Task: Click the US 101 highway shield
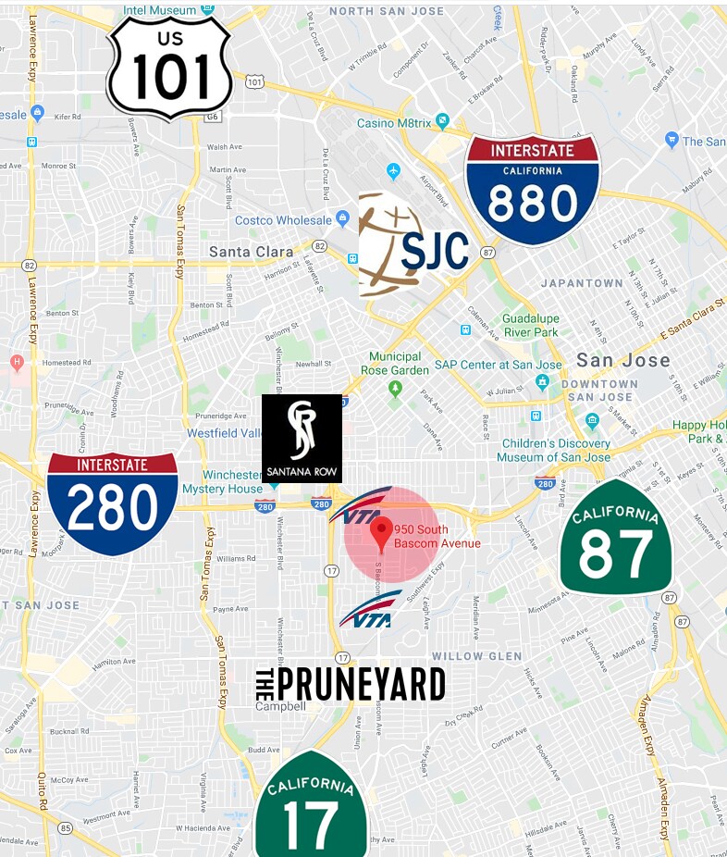point(169,68)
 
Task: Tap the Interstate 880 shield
point(532,190)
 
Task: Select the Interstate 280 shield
point(112,503)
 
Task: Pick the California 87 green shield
point(616,539)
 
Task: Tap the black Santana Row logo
point(302,439)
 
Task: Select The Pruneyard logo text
point(350,685)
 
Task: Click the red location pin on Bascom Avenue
point(380,534)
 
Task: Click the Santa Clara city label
point(251,251)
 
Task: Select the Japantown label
point(582,283)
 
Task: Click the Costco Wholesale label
point(283,220)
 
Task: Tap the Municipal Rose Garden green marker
point(396,388)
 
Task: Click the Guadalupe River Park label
point(530,325)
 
